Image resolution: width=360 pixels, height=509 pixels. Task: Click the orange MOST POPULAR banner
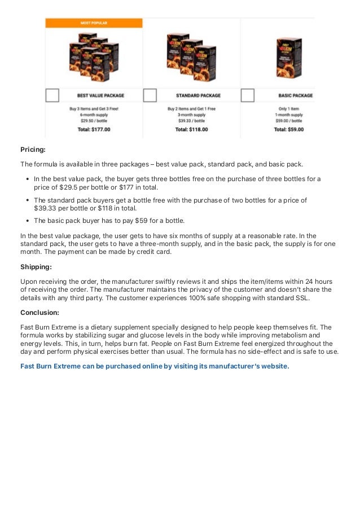click(94, 23)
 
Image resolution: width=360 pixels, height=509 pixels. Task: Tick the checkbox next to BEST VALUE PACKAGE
click(52, 95)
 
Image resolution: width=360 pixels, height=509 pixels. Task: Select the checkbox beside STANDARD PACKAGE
click(150, 95)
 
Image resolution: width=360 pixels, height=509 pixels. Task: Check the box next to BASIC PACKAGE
click(248, 95)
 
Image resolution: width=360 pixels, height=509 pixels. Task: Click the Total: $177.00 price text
click(94, 129)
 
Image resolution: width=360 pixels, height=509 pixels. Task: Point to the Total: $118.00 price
click(191, 129)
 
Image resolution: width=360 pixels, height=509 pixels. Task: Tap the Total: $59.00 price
click(288, 129)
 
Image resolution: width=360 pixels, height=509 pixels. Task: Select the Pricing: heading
click(33, 150)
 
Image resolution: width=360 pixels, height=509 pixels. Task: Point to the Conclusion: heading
click(39, 312)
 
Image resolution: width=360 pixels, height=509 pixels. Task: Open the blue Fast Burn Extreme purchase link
click(155, 366)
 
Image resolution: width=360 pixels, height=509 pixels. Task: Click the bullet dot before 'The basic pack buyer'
click(28, 221)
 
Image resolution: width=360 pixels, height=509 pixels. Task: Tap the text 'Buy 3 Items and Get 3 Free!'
click(94, 108)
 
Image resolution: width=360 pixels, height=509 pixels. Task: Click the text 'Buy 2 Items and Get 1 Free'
click(191, 108)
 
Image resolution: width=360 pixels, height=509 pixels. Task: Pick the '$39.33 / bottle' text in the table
click(191, 121)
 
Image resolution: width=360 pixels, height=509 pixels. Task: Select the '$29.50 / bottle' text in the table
click(94, 121)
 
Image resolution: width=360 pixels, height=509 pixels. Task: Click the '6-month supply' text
click(94, 115)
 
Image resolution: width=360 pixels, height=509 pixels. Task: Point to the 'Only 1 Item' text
click(288, 108)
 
